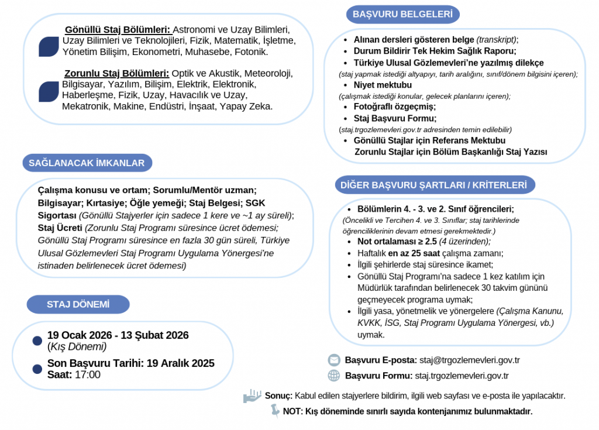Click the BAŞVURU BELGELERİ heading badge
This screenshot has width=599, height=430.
click(402, 14)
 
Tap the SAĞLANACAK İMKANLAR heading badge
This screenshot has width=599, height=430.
click(87, 163)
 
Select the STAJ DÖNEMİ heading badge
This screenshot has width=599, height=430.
click(78, 304)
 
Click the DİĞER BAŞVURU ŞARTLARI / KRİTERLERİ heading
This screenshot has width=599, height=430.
click(434, 185)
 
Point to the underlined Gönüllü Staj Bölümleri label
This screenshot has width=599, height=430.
click(117, 29)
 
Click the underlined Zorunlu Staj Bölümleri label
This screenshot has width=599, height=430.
click(116, 73)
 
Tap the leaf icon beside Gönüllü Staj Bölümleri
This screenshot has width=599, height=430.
click(49, 46)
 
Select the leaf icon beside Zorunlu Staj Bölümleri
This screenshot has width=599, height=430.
click(49, 91)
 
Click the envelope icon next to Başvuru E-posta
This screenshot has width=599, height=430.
click(334, 360)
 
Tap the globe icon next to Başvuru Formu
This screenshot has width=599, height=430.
click(334, 376)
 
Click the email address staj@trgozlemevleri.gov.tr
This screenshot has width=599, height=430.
click(470, 360)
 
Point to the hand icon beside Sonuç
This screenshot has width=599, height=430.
click(252, 396)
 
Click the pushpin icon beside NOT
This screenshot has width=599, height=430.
click(274, 411)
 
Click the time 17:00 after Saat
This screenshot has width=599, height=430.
click(88, 375)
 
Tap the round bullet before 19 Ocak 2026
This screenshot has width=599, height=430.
click(37, 340)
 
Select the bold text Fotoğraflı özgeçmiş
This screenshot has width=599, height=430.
click(394, 106)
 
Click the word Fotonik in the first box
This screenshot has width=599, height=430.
click(251, 51)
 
